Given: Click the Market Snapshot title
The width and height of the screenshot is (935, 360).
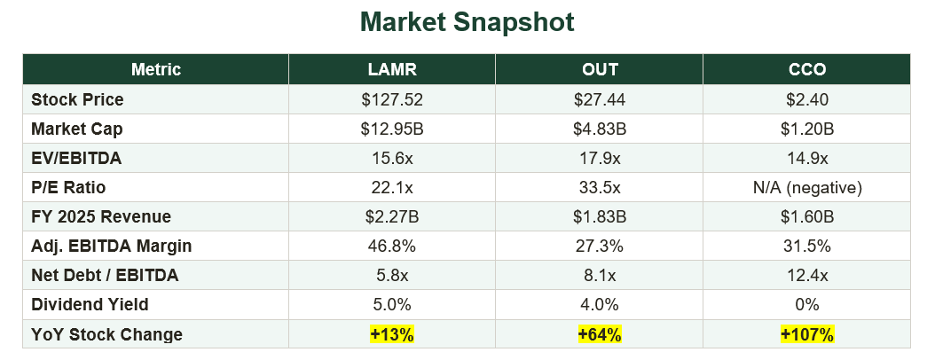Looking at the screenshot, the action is click(x=467, y=22).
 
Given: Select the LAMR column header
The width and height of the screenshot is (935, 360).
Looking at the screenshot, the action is click(x=392, y=70).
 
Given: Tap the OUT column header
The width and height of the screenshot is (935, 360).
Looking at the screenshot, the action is click(x=600, y=70).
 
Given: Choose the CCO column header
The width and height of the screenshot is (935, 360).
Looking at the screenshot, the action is click(x=806, y=70).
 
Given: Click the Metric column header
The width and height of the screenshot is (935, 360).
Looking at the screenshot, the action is click(x=155, y=70).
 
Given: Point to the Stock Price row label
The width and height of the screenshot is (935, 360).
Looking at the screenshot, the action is click(x=77, y=99).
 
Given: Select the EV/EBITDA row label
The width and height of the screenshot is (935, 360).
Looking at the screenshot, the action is click(x=76, y=158).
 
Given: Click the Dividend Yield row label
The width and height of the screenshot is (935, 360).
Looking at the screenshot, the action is click(x=90, y=304).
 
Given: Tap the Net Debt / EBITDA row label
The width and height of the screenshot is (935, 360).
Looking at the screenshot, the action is click(x=105, y=276).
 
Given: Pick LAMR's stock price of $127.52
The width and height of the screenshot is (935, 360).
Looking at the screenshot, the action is click(x=392, y=99).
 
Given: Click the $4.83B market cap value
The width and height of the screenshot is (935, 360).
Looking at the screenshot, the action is click(x=600, y=129).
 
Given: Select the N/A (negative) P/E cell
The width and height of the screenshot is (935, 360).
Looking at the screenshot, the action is click(x=806, y=188).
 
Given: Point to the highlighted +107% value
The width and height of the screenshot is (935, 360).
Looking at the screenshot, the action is click(x=806, y=334).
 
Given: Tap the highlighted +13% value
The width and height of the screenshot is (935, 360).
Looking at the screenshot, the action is click(x=392, y=334).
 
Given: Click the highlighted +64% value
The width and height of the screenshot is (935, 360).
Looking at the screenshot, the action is click(x=600, y=334).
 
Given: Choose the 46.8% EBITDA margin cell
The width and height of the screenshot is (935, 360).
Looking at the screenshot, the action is click(x=392, y=247).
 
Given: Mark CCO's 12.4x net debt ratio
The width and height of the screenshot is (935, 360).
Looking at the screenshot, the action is click(x=806, y=276).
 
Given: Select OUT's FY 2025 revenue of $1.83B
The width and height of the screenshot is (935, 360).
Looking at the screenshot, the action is click(x=600, y=217).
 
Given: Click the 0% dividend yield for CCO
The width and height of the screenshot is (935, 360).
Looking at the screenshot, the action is click(x=806, y=304).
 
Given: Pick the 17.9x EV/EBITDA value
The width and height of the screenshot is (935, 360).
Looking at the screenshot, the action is click(x=600, y=158).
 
